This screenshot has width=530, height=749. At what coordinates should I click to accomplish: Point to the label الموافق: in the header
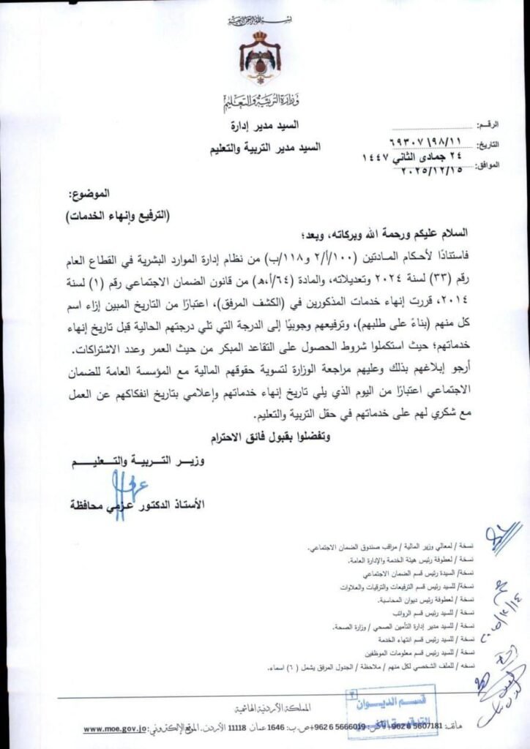tap(486, 166)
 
